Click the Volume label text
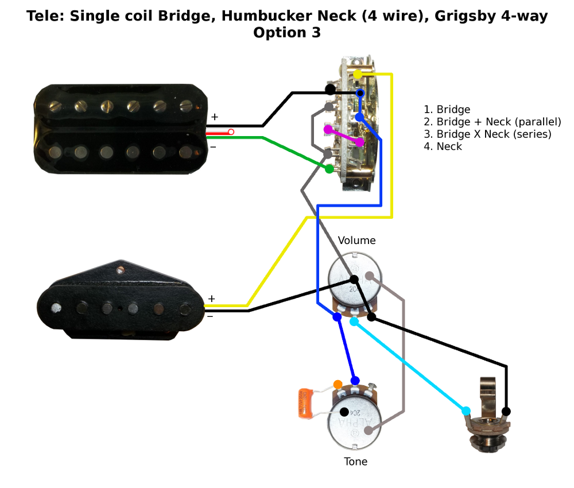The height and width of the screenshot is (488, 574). coord(356,240)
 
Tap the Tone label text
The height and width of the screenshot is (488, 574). coord(356,462)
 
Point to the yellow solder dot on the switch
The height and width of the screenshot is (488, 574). coord(358,74)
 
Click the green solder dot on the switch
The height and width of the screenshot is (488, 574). coord(329,169)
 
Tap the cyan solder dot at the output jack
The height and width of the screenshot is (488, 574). coord(466,410)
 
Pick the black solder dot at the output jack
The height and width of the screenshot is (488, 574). coord(506,411)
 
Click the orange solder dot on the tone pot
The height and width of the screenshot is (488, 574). coord(338,384)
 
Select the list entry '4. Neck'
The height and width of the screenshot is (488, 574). coord(443,146)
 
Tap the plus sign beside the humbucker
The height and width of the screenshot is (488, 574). coord(214,117)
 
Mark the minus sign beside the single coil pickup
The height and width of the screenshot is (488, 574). coord(210,316)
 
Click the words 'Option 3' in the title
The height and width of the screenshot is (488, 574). coord(287,33)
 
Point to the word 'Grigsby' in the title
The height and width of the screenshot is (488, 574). coord(461,16)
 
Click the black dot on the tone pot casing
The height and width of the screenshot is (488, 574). coord(344,412)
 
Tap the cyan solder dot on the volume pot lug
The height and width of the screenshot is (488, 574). coord(354,322)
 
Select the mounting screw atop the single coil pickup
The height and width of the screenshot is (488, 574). coord(121,269)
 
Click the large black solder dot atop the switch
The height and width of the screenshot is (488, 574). coord(330,89)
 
